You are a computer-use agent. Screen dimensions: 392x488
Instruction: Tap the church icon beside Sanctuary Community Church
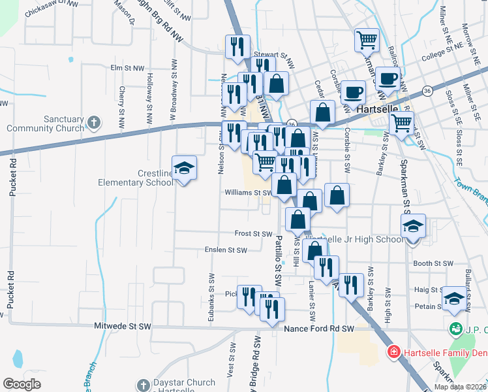click(x=94, y=122)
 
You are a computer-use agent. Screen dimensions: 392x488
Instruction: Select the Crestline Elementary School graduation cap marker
click(x=184, y=169)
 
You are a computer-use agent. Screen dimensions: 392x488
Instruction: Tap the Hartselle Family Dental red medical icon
click(x=393, y=353)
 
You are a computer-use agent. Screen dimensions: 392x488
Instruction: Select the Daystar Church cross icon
click(x=144, y=385)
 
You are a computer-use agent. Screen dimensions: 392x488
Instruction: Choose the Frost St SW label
click(x=253, y=233)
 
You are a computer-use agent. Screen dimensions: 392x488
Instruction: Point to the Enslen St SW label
click(x=226, y=250)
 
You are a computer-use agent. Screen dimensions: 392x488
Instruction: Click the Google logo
click(x=22, y=384)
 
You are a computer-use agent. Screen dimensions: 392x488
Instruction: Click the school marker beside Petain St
click(x=454, y=299)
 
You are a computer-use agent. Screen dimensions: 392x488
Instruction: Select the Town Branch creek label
click(x=470, y=190)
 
